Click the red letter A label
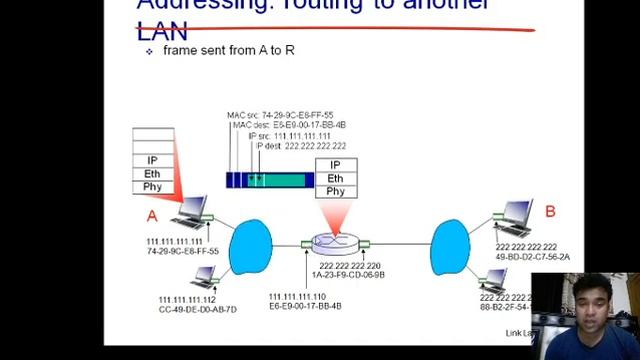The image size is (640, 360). coord(152,215)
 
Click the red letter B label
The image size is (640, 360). coord(550,212)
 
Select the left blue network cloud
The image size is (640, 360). coord(250,247)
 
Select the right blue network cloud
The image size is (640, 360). coord(450,247)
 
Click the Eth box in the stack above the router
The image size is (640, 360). coord(335,178)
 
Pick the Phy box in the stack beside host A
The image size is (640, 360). coord(153,186)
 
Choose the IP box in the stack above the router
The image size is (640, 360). coord(335,165)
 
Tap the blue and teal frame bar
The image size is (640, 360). coord(270,180)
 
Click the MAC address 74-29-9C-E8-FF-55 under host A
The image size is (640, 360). coord(182,252)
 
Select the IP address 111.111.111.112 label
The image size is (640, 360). coord(187,300)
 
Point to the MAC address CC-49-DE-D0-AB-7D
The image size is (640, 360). coord(197,310)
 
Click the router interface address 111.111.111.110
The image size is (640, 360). coord(297,297)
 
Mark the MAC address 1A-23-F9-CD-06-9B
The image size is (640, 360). coord(348,275)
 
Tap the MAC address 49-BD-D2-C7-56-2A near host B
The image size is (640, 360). coord(532,257)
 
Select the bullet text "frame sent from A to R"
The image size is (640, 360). coord(228,50)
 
